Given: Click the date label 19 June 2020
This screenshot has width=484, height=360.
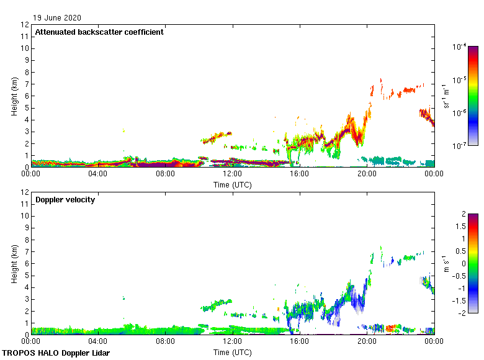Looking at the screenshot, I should coord(58,18).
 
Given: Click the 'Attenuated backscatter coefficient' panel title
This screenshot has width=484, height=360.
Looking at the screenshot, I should coord(99,32).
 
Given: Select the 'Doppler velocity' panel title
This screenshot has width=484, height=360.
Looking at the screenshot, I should coord(65,200).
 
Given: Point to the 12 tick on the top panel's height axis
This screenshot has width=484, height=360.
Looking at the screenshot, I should coord(25,25).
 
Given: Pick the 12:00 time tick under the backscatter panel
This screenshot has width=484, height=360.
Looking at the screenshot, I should coord(232,174).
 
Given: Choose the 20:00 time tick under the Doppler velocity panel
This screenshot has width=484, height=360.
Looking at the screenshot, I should coord(366,342).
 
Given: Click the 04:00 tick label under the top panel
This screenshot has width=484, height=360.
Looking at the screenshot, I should coord(98,174).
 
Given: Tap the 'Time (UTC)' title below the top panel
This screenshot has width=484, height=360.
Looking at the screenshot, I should coord(232,184).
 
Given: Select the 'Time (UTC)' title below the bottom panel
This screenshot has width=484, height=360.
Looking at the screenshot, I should coord(232,352).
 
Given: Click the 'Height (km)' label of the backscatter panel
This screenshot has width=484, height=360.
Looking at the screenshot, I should coord(14,96).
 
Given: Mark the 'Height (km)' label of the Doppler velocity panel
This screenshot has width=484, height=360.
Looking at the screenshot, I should coord(14,264).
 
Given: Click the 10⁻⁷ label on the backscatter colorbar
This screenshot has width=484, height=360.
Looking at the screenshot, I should coord(460,146).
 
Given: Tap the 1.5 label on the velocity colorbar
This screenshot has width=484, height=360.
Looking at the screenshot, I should coord(463,227).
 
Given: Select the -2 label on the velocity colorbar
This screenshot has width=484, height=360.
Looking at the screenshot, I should coord(464,313).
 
